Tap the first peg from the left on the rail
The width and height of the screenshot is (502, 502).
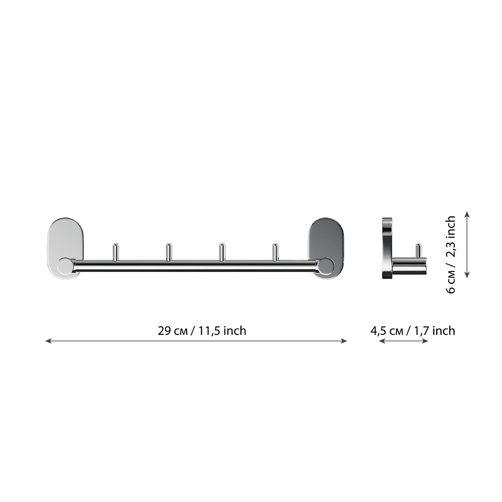click(x=116, y=253)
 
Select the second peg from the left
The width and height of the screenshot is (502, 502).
click(x=169, y=253)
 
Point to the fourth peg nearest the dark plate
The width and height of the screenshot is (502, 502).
click(x=275, y=253)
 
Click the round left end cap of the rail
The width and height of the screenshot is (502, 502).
click(x=65, y=266)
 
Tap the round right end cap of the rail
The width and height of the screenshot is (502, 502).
click(x=326, y=266)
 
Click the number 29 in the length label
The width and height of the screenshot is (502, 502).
click(x=165, y=331)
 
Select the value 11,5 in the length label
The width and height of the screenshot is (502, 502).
click(x=209, y=331)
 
